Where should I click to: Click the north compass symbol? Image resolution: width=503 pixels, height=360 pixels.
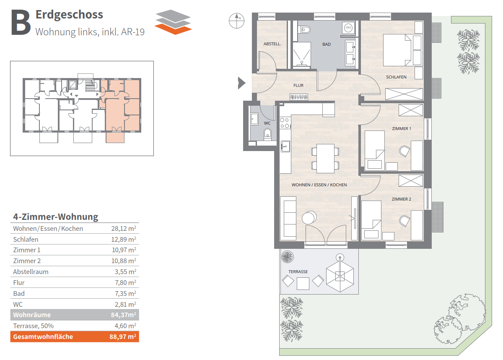point(236,21)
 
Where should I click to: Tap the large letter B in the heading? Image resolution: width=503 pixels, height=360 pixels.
point(21,23)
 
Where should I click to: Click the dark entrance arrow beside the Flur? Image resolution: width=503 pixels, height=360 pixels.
point(241,83)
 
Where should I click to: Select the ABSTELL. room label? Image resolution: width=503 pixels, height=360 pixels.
point(272,44)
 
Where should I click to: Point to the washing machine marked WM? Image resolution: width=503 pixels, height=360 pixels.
point(348,28)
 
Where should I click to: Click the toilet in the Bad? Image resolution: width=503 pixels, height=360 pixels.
point(304,29)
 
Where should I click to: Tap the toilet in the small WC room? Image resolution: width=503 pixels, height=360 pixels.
point(267,133)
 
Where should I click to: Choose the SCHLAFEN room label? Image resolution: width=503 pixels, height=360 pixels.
point(396,77)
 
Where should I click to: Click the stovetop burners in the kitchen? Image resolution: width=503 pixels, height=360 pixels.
point(285,123)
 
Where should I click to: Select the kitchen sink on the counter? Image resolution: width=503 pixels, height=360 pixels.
point(285,146)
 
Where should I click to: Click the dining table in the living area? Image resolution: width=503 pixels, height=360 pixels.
point(325,159)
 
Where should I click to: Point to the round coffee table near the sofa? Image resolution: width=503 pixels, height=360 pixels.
point(309,217)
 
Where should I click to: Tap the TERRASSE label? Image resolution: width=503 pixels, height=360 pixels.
point(298,272)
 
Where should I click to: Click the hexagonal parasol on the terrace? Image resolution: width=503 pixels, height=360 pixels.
point(340,275)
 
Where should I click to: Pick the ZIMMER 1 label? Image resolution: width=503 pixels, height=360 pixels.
point(402,128)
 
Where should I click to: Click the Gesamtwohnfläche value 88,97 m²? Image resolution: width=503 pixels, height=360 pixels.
point(123,337)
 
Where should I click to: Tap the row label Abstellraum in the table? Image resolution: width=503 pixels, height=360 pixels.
point(31,272)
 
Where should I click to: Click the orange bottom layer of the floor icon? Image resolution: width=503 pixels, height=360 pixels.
point(173,29)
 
